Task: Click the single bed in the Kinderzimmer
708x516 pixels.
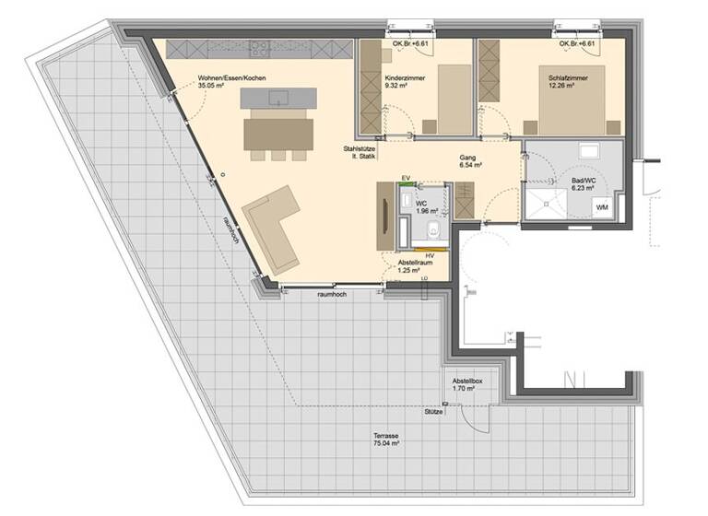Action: tap(454, 100)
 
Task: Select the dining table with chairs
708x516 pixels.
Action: tap(277, 135)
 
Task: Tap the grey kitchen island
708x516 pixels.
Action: tap(277, 97)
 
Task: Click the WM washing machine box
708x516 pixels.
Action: tap(603, 206)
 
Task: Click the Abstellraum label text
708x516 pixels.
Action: tap(416, 262)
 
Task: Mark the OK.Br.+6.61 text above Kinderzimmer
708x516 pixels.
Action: tap(408, 43)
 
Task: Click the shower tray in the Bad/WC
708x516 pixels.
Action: tap(545, 203)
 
